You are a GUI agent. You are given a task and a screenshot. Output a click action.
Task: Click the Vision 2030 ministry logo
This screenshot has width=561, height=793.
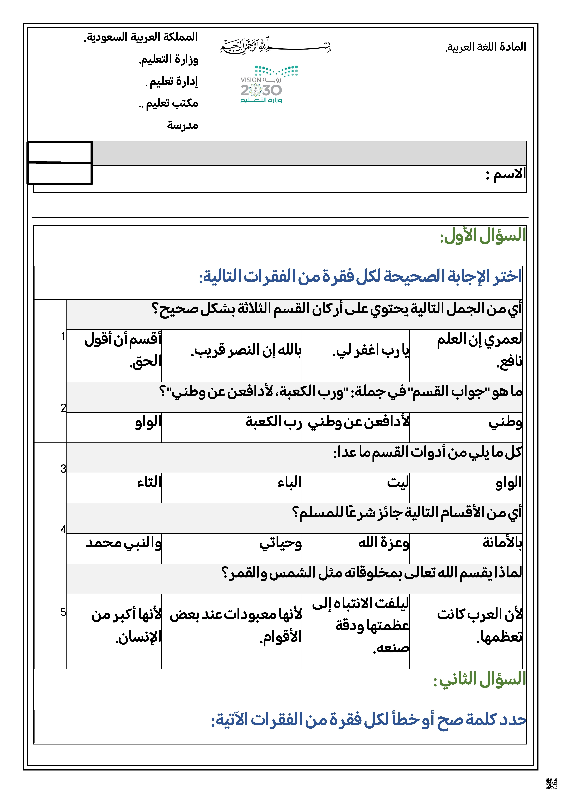tap(269, 85)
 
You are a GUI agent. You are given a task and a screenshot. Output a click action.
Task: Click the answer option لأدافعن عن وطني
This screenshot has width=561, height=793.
tap(358, 422)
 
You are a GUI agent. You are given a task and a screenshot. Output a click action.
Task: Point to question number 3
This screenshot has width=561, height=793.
tap(63, 469)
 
